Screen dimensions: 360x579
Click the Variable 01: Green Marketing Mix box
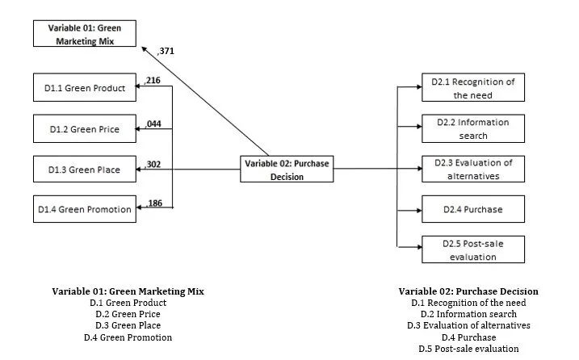pyautogui.click(x=85, y=35)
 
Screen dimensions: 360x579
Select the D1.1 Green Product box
pyautogui.click(x=85, y=88)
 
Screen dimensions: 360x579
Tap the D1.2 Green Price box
pyautogui.click(x=85, y=128)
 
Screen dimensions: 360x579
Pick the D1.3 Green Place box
pyautogui.click(x=85, y=170)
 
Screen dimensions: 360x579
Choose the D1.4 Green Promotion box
pyautogui.click(x=85, y=210)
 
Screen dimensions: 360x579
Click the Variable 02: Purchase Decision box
pyautogui.click(x=287, y=170)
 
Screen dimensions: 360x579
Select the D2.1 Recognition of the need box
pyautogui.click(x=472, y=88)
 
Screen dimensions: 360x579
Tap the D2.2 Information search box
pyautogui.click(x=472, y=128)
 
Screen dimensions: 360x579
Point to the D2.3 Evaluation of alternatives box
pyautogui.click(x=472, y=169)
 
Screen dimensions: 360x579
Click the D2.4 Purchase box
pyautogui.click(x=472, y=209)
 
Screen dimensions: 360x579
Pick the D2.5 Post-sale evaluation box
pyautogui.click(x=472, y=249)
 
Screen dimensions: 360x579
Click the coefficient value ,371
pyautogui.click(x=166, y=51)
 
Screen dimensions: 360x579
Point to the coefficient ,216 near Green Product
pyautogui.click(x=153, y=80)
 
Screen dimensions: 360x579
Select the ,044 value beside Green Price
pyautogui.click(x=153, y=123)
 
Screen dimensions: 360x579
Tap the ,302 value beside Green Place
pyautogui.click(x=153, y=164)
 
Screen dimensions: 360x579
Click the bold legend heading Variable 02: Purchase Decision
pyautogui.click(x=468, y=291)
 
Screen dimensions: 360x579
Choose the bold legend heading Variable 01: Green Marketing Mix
pyautogui.click(x=128, y=291)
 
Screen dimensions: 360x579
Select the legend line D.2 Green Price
pyautogui.click(x=128, y=314)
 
